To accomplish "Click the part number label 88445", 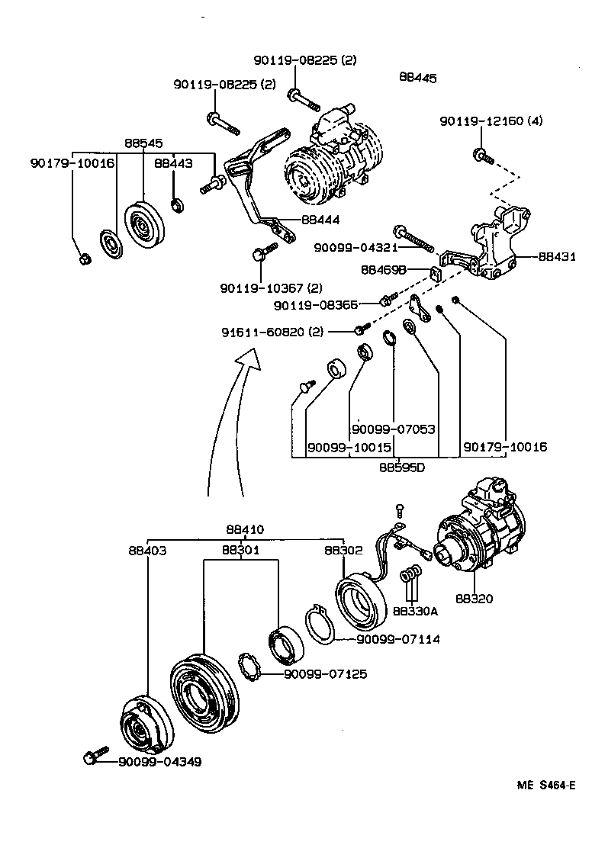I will pyautogui.click(x=417, y=77).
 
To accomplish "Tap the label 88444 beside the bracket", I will pyautogui.click(x=320, y=219).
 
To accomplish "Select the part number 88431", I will pyautogui.click(x=557, y=257).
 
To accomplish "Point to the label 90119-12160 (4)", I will pyautogui.click(x=491, y=121).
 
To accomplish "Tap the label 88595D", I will pyautogui.click(x=402, y=467).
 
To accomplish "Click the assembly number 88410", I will pyautogui.click(x=245, y=529).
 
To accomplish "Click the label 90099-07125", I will pyautogui.click(x=325, y=674).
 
